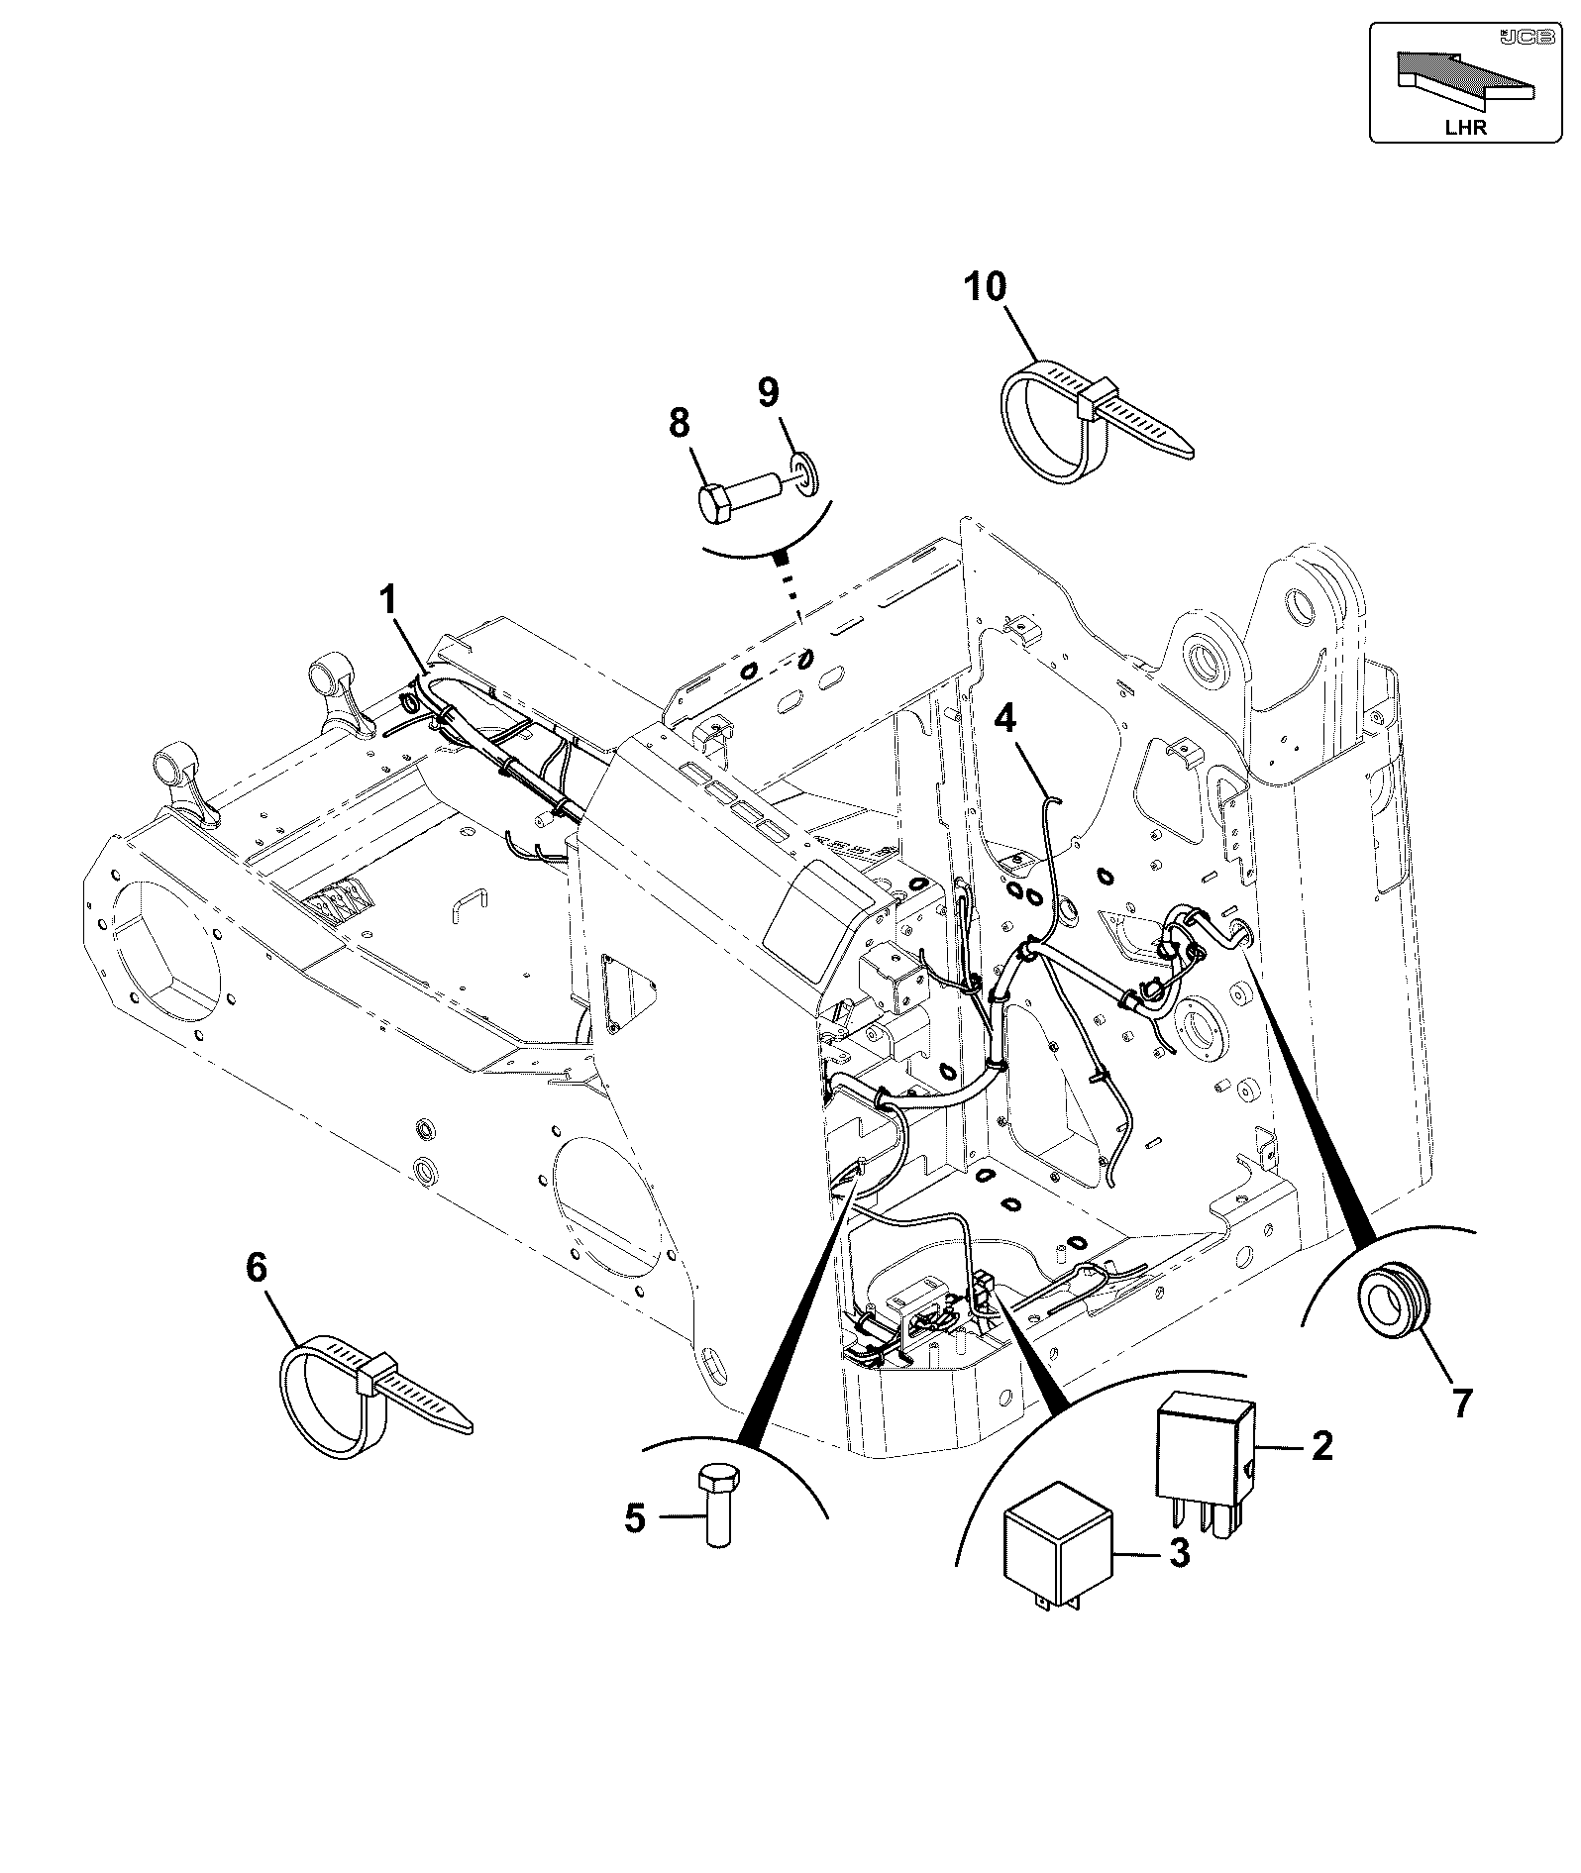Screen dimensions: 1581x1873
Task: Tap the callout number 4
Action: (x=1005, y=717)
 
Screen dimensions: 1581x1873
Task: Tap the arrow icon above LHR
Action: (x=1465, y=76)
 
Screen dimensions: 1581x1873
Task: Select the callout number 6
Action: (x=257, y=1267)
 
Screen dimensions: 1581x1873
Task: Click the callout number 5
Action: (x=634, y=1545)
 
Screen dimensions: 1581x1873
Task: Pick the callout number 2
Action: (x=1321, y=1446)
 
